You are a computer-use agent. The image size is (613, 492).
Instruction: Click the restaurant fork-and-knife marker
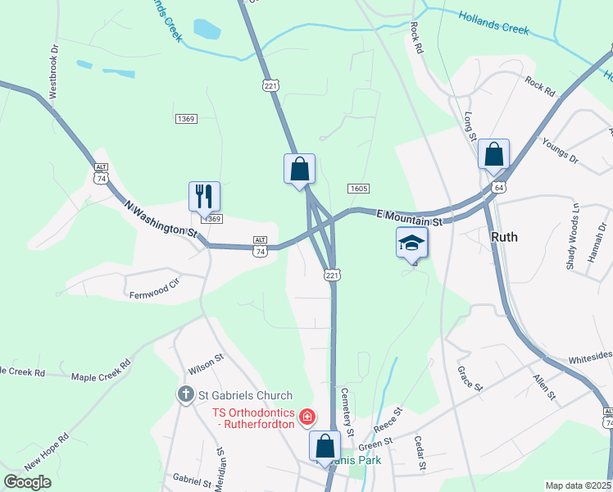[x=204, y=196]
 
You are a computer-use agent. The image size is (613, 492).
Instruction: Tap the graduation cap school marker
[x=412, y=243]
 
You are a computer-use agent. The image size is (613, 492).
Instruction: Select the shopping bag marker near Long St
[x=493, y=153]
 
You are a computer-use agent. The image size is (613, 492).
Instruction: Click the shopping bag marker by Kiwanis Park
[x=325, y=446]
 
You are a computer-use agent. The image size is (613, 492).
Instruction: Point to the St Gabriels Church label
[x=234, y=395]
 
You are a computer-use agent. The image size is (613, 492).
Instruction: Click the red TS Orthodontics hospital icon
[x=307, y=417]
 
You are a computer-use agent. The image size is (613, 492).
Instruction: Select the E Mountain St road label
[x=409, y=217]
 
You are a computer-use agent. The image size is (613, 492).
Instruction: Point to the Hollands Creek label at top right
[x=493, y=22]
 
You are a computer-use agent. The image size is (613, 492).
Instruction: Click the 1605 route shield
[x=357, y=189]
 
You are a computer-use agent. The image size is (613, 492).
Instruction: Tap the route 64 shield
[x=498, y=188]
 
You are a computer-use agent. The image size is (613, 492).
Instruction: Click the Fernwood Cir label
[x=153, y=288]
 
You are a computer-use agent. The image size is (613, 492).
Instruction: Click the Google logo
[x=28, y=481]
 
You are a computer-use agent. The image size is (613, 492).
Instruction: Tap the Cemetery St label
[x=347, y=412]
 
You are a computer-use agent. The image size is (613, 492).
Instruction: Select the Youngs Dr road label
[x=560, y=149]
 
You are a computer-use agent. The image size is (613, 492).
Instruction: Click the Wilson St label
[x=206, y=360]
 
